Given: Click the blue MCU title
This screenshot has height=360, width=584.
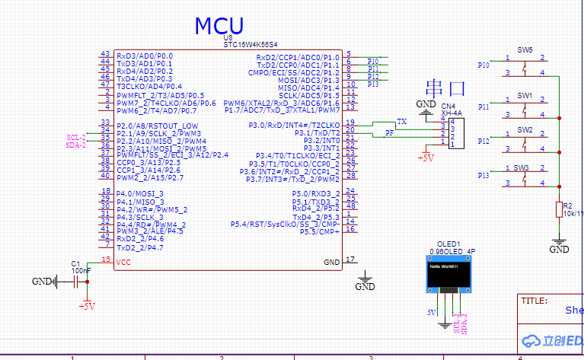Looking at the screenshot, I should point(219,25).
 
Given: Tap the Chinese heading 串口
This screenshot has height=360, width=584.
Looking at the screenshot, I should point(445,88).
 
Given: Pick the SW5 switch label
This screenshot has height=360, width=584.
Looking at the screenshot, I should point(525,49).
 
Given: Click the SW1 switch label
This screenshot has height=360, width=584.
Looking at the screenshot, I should point(525,96).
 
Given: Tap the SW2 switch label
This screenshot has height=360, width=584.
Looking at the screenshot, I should point(525,130).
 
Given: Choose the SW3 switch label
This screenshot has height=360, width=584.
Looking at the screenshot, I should point(521,167).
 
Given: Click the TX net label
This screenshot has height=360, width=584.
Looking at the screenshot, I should point(401,122).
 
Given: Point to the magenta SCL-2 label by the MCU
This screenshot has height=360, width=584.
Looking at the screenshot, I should point(76,136).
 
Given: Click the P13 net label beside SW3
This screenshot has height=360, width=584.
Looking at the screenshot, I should point(483,176).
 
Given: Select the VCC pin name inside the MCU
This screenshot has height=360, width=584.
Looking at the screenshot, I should point(123,262).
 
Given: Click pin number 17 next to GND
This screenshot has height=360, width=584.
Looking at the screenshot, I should point(350,260).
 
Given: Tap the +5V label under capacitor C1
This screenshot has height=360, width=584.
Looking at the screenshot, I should point(87,306).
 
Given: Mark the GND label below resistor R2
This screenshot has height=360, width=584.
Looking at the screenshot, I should point(560,249).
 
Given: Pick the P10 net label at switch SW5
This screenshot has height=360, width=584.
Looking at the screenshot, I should point(483,65).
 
